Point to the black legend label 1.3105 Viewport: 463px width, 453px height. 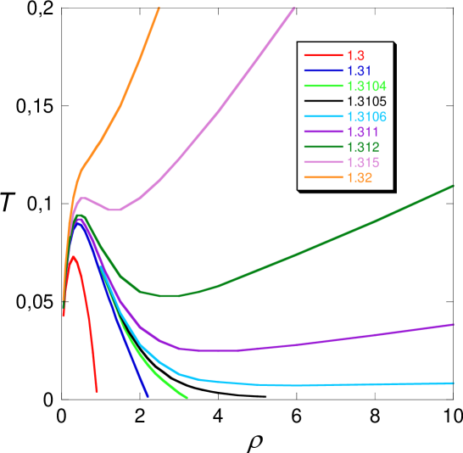tap(364, 101)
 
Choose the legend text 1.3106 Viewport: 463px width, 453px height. tap(364, 116)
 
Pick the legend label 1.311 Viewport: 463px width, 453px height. tap(360, 132)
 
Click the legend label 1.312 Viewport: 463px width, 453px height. tap(360, 148)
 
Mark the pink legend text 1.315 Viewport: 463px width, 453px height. tap(360, 163)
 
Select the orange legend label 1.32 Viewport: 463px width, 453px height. tap(356, 178)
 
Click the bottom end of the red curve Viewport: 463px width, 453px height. tap(97, 392)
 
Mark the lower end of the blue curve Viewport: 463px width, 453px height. tap(148, 396)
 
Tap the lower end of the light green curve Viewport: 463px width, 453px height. tap(187, 397)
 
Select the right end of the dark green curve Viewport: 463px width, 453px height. tap(454, 186)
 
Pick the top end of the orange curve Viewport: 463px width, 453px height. tap(159, 7)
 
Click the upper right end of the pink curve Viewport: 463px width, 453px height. tap(294, 7)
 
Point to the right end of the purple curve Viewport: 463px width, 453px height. tap(454, 324)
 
